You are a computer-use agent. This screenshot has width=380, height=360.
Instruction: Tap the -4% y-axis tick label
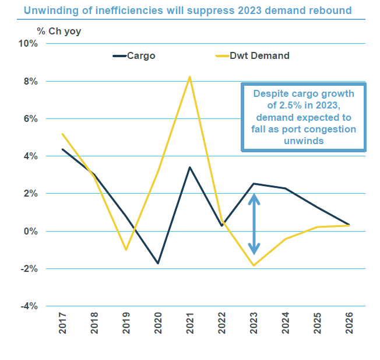pos(28,306)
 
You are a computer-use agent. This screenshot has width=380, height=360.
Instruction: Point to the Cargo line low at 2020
pos(158,263)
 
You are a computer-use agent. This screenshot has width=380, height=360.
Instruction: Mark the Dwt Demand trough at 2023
pos(254,265)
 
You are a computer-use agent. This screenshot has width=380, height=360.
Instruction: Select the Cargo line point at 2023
pos(254,184)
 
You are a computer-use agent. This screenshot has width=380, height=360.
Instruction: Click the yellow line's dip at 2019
pos(126,250)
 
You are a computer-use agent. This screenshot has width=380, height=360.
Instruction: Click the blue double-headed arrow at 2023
pos(254,225)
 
